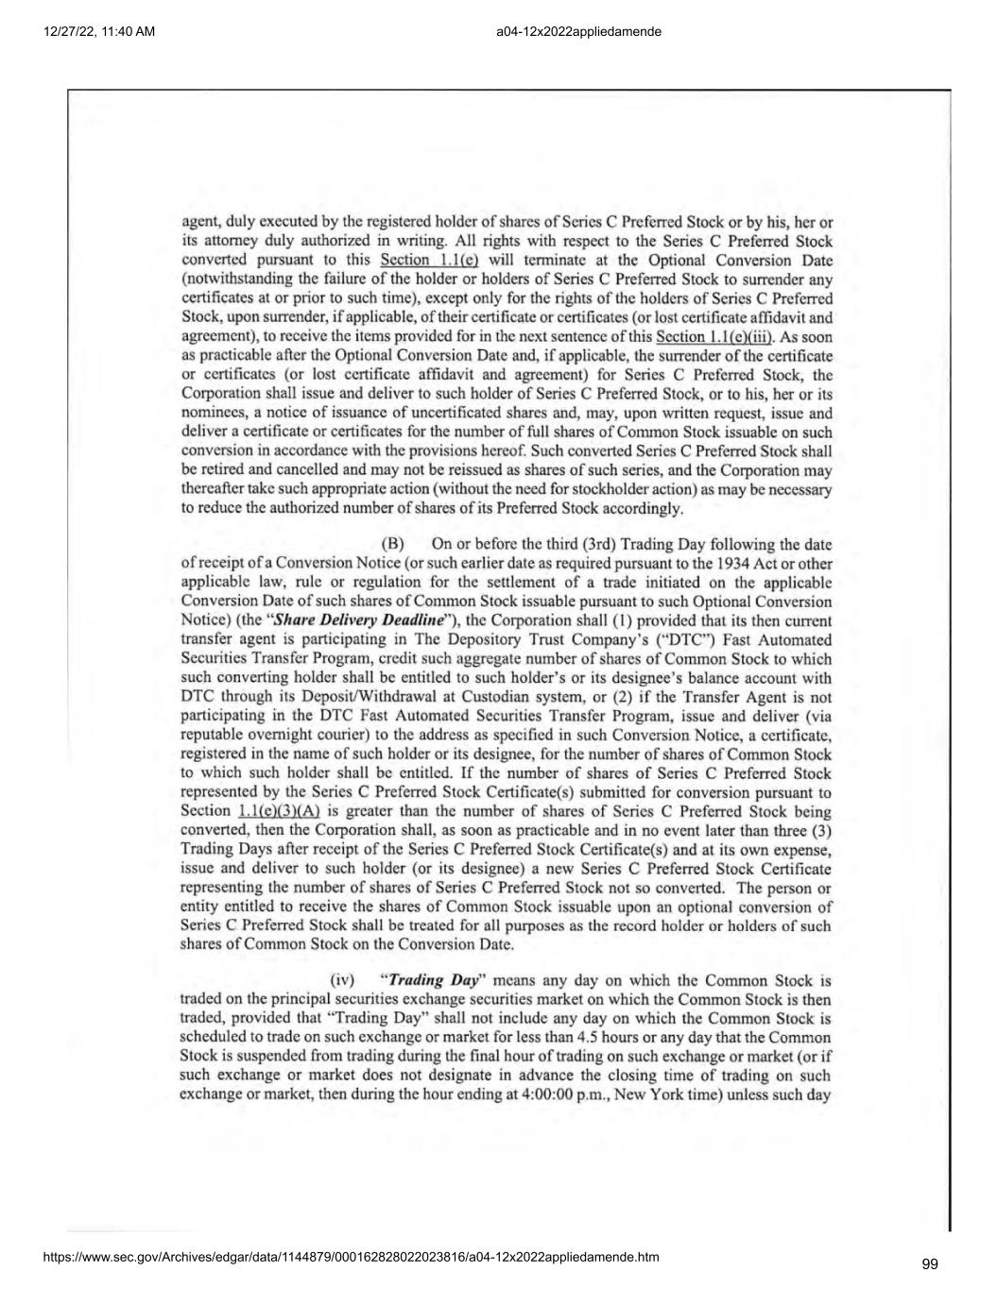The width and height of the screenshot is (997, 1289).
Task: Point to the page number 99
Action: click(930, 1264)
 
